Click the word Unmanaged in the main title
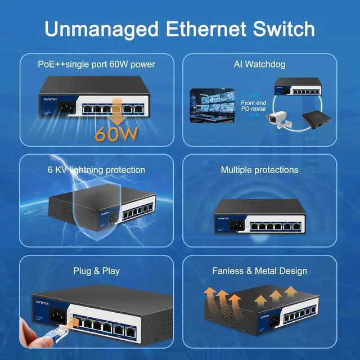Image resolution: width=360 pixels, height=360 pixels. pyautogui.click(x=96, y=28)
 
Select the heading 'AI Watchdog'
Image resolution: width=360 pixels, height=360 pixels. pyautogui.click(x=259, y=64)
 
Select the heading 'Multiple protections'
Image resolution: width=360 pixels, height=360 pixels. pyautogui.click(x=259, y=169)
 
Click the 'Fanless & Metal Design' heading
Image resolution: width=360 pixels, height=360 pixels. pyautogui.click(x=259, y=271)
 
